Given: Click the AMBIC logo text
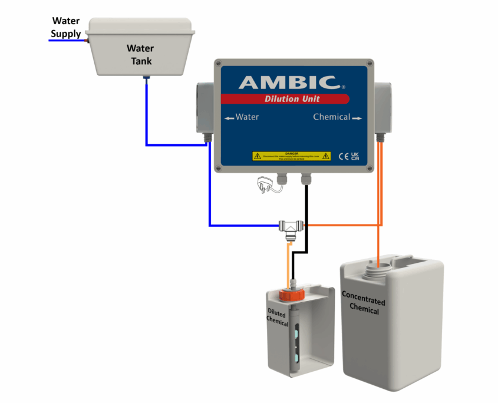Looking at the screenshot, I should [288, 82].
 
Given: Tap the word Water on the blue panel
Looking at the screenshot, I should [247, 117].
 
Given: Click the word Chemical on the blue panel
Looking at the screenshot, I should [332, 117].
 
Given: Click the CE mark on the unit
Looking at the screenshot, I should [344, 156].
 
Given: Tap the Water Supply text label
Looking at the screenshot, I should [65, 28].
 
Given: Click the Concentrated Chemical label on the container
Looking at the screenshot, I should [363, 302].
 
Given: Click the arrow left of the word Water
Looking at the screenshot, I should [229, 118].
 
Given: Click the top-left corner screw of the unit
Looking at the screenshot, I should [218, 62].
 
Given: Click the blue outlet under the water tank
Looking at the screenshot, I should [147, 80].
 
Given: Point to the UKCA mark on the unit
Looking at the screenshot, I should [355, 156].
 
